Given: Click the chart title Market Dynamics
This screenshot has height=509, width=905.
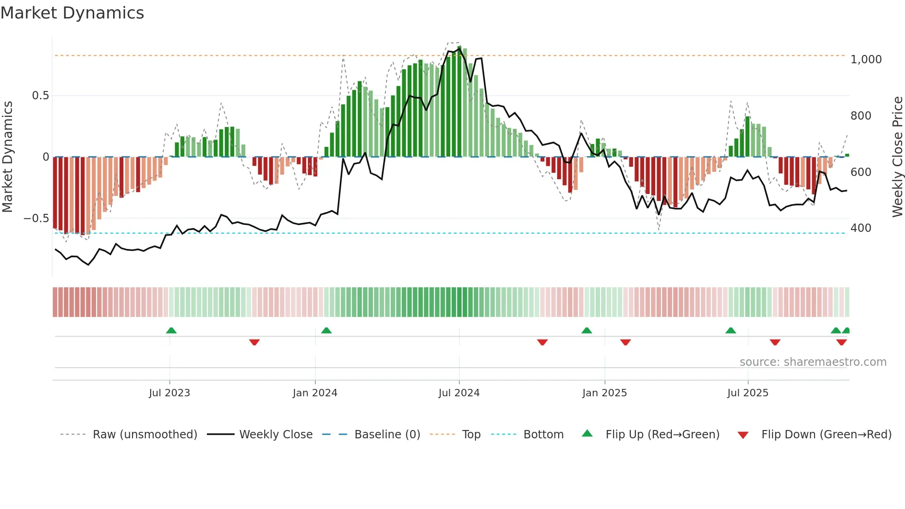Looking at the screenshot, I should pyautogui.click(x=72, y=13).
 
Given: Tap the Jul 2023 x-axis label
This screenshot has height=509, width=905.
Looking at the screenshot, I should pyautogui.click(x=169, y=393).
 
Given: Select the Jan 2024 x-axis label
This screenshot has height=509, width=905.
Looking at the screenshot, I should pyautogui.click(x=315, y=393).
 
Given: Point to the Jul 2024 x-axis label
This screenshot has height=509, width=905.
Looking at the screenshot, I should pyautogui.click(x=459, y=393).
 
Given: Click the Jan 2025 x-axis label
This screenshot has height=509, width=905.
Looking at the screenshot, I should pyautogui.click(x=604, y=393).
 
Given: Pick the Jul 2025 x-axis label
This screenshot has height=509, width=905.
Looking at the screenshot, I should pyautogui.click(x=748, y=393).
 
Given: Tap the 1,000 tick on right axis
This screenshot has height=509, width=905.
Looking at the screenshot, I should pyautogui.click(x=866, y=60).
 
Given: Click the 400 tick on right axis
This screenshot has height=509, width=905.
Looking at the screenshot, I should pyautogui.click(x=861, y=228).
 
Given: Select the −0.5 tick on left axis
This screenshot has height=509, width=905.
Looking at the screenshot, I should pyautogui.click(x=36, y=218).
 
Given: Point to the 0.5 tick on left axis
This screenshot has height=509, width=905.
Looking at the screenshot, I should pyautogui.click(x=40, y=96).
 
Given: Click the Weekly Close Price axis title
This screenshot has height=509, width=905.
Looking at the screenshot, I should pyautogui.click(x=897, y=157).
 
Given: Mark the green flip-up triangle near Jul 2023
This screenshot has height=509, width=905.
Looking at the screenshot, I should pyautogui.click(x=171, y=331).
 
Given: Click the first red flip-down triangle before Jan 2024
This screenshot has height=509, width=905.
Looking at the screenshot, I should pyautogui.click(x=254, y=342).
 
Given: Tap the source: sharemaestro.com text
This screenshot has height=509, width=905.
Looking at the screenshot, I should pyautogui.click(x=813, y=362).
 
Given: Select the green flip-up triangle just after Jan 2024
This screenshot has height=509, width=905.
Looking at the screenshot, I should pyautogui.click(x=326, y=331).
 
